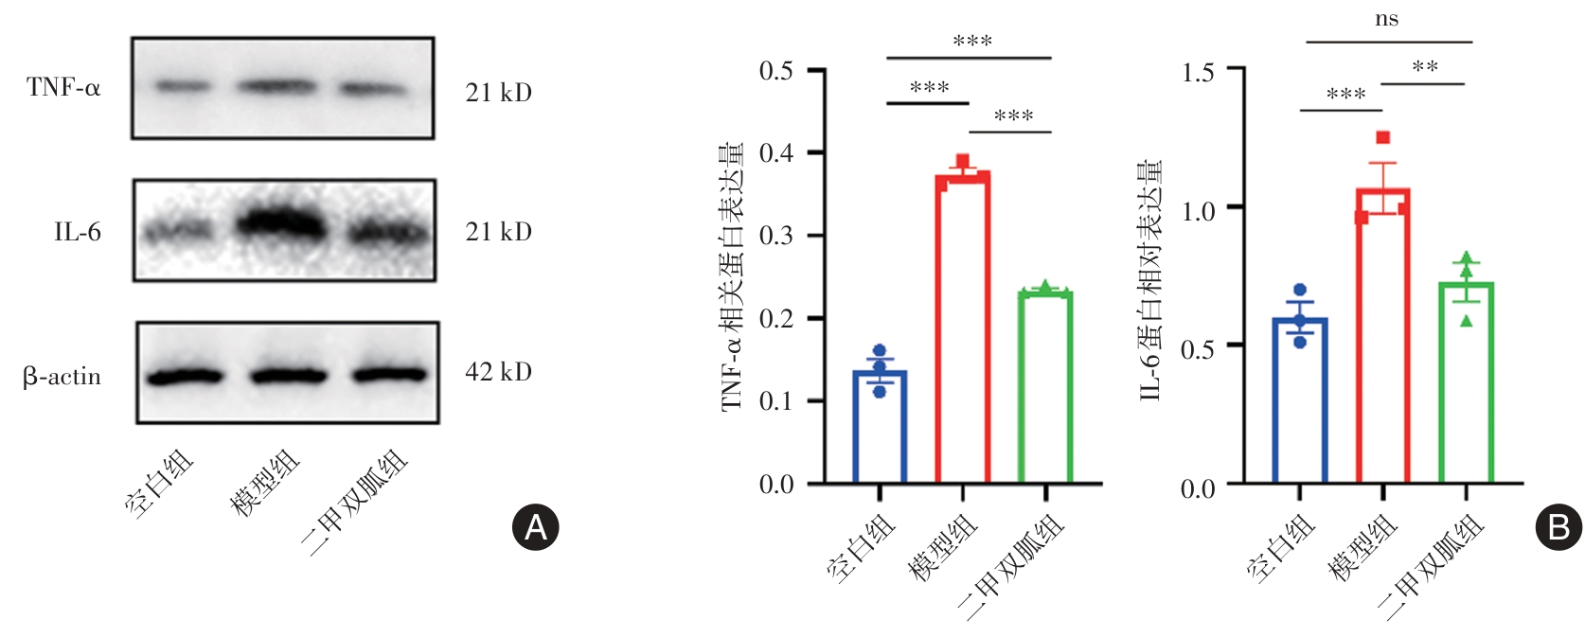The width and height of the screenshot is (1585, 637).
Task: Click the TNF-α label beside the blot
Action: click(x=63, y=88)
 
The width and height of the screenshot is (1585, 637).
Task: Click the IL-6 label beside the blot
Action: click(x=78, y=232)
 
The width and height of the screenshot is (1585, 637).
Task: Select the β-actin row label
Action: click(x=62, y=377)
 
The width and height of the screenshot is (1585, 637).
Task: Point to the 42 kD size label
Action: click(x=498, y=372)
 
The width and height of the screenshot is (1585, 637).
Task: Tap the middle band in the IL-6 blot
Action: click(x=281, y=225)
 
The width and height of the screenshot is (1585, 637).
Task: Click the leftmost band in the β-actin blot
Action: click(x=185, y=377)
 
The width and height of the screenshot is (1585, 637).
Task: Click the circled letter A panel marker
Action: click(x=536, y=527)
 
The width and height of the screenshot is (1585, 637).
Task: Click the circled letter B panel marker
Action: click(x=1558, y=527)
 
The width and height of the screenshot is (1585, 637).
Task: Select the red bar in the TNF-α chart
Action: click(x=962, y=331)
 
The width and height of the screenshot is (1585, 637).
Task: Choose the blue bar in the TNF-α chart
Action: click(x=880, y=428)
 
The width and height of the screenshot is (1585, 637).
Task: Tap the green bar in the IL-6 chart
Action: click(x=1466, y=383)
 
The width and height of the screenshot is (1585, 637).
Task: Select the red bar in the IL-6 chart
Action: click(x=1382, y=336)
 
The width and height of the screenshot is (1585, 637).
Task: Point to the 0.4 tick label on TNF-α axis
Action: click(x=776, y=153)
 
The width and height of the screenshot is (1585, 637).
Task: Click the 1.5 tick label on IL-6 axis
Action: click(x=1198, y=73)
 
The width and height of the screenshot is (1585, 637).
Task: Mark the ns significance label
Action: click(x=1386, y=20)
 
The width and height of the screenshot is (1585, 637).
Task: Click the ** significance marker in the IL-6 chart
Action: click(x=1424, y=67)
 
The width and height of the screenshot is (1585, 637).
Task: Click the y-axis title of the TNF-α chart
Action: click(x=732, y=276)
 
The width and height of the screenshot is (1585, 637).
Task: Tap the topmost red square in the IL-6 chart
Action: click(x=1383, y=138)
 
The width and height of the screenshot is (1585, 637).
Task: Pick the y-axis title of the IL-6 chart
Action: click(x=1150, y=279)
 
